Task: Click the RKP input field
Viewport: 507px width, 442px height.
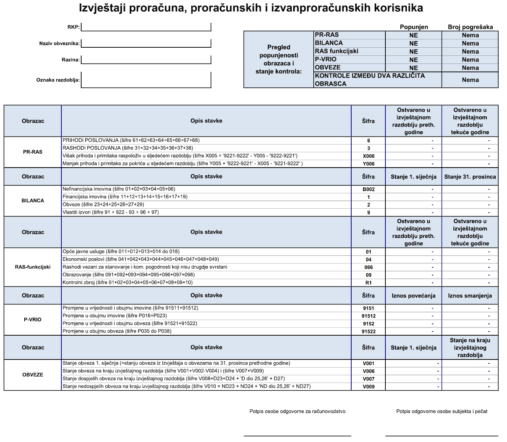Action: [146, 27]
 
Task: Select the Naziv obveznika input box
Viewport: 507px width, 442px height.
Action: [146, 43]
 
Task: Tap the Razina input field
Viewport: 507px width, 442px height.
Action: [146, 59]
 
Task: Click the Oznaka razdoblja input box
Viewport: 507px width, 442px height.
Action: [146, 80]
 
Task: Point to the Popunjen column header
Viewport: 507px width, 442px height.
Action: [414, 27]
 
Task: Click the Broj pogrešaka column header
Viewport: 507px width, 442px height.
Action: [470, 27]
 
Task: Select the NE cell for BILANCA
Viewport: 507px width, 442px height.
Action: [414, 43]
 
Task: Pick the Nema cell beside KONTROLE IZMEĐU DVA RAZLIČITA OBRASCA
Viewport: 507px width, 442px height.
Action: [470, 80]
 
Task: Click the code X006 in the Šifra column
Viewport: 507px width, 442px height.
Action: [368, 156]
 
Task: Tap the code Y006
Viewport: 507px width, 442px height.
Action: [368, 164]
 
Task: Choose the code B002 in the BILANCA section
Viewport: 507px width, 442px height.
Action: [368, 189]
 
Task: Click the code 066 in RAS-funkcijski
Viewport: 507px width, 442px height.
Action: [368, 267]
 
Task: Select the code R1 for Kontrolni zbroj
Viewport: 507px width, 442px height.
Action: [368, 283]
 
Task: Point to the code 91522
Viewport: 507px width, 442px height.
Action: [368, 332]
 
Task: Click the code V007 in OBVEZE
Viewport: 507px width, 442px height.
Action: [368, 379]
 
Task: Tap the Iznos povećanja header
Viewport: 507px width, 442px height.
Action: [414, 296]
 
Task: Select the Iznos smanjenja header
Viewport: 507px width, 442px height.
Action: [470, 296]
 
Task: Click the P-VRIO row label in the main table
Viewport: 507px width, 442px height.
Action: [33, 319]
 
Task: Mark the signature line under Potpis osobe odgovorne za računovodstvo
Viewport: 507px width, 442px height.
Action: [297, 435]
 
